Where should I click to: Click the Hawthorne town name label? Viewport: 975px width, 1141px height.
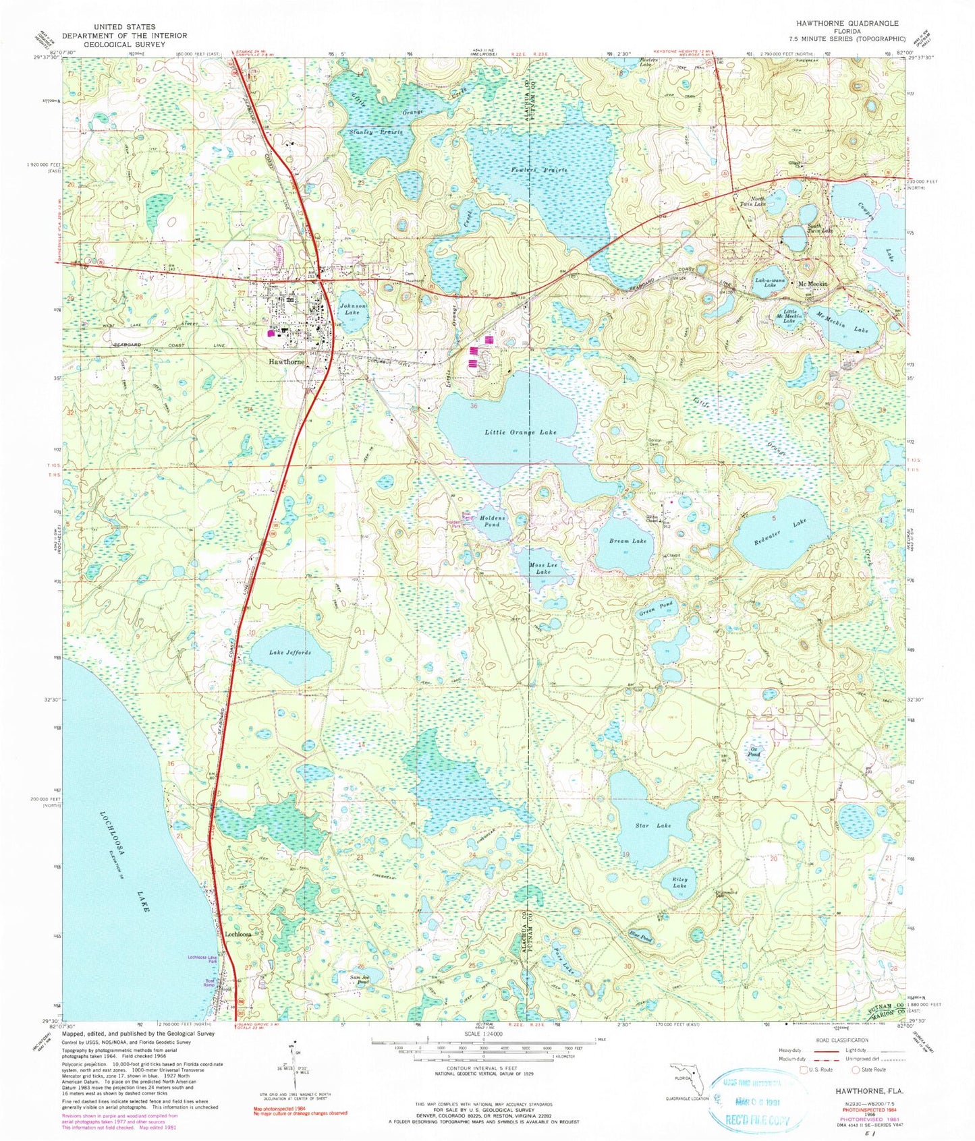pos(287,361)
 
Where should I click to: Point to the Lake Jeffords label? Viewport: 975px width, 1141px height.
pos(290,653)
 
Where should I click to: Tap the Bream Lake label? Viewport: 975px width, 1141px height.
pos(628,541)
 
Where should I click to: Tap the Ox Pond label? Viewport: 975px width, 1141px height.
pos(754,752)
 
